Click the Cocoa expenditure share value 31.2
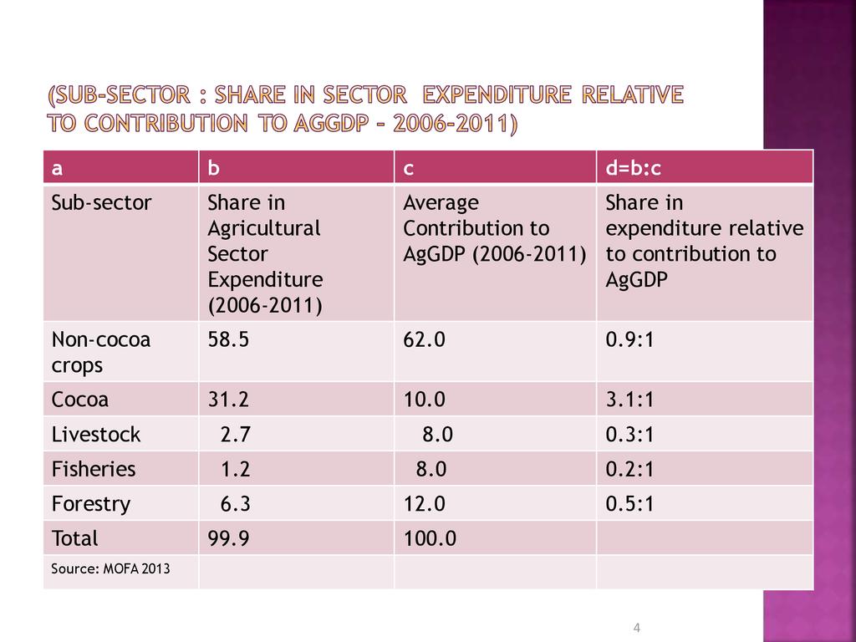point(228,400)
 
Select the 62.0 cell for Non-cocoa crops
point(424,339)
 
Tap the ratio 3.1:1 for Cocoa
point(629,400)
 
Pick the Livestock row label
point(96,435)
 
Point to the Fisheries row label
point(94,469)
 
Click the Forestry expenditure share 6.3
point(235,504)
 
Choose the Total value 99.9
point(228,538)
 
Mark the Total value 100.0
point(430,538)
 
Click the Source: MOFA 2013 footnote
point(110,569)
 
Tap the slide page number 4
point(637,628)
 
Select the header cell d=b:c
point(634,169)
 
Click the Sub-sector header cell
point(102,203)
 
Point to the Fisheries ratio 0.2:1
point(629,469)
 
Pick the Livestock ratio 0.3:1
point(629,435)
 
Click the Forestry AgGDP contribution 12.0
point(424,504)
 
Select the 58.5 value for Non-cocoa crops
point(228,339)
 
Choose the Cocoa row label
point(80,400)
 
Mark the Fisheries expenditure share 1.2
point(235,469)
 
